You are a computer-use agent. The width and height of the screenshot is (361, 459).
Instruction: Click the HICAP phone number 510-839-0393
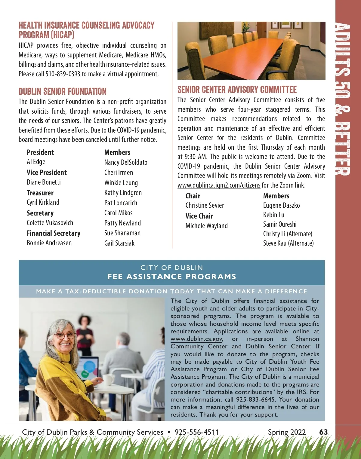63,74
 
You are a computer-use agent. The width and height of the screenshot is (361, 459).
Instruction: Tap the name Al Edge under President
36,162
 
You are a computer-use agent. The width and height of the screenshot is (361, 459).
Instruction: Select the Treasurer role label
40,193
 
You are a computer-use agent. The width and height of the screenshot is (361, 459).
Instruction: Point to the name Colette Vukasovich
50,223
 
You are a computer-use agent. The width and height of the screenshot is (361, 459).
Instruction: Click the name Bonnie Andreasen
49,243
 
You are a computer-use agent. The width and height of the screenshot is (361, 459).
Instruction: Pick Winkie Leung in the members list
121,183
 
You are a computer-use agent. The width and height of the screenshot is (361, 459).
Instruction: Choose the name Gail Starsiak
119,243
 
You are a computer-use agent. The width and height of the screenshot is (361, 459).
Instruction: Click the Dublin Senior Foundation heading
63,91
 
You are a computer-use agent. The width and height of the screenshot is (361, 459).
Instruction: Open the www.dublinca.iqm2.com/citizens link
219,185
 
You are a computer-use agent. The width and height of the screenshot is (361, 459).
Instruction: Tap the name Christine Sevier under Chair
205,205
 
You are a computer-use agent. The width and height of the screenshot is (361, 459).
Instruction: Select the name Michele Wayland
206,226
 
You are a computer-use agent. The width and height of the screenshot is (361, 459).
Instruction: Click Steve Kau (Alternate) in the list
288,243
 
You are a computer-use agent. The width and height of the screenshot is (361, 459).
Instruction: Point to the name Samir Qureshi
280,224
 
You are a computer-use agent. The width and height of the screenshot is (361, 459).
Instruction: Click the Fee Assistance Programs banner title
172,277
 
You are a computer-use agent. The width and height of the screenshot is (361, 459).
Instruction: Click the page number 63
323,432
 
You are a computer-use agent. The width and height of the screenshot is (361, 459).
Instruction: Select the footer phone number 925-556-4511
197,432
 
